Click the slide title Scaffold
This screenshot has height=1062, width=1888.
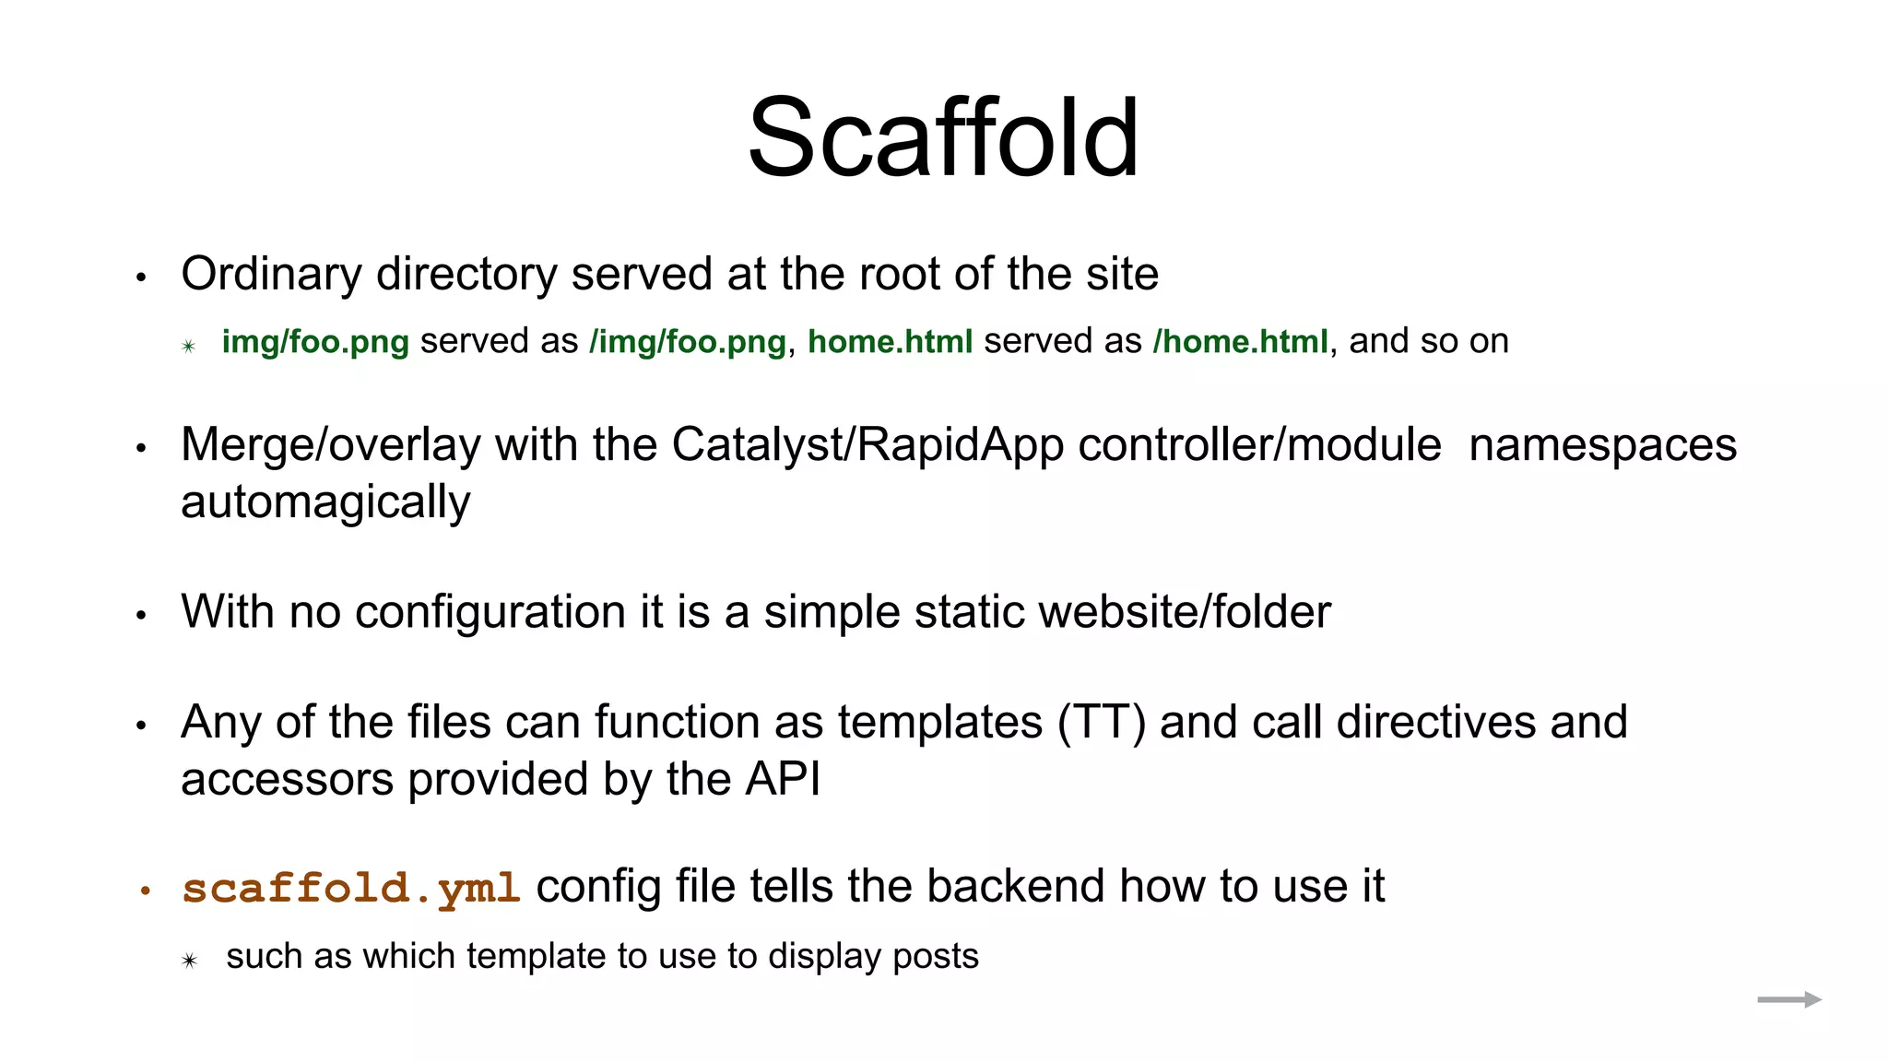(943, 138)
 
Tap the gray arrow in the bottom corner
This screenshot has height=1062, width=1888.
(1788, 999)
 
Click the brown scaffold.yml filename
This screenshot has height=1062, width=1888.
(351, 889)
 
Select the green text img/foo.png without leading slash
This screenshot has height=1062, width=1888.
(315, 342)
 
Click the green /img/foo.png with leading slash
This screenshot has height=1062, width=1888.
(688, 342)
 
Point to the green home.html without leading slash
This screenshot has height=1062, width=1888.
(890, 342)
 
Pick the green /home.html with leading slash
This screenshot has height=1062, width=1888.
(1240, 342)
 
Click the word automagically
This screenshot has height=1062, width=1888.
(325, 503)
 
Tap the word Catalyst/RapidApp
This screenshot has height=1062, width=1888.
(867, 445)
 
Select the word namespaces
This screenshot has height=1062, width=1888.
(1602, 445)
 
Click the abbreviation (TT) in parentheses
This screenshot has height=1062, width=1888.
(1102, 722)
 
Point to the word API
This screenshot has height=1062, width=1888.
(783, 780)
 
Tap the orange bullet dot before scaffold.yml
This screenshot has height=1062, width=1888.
(145, 891)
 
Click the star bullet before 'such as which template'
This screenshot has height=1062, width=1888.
(189, 961)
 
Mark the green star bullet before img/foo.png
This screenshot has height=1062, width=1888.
(189, 347)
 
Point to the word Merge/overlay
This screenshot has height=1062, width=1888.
(331, 445)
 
